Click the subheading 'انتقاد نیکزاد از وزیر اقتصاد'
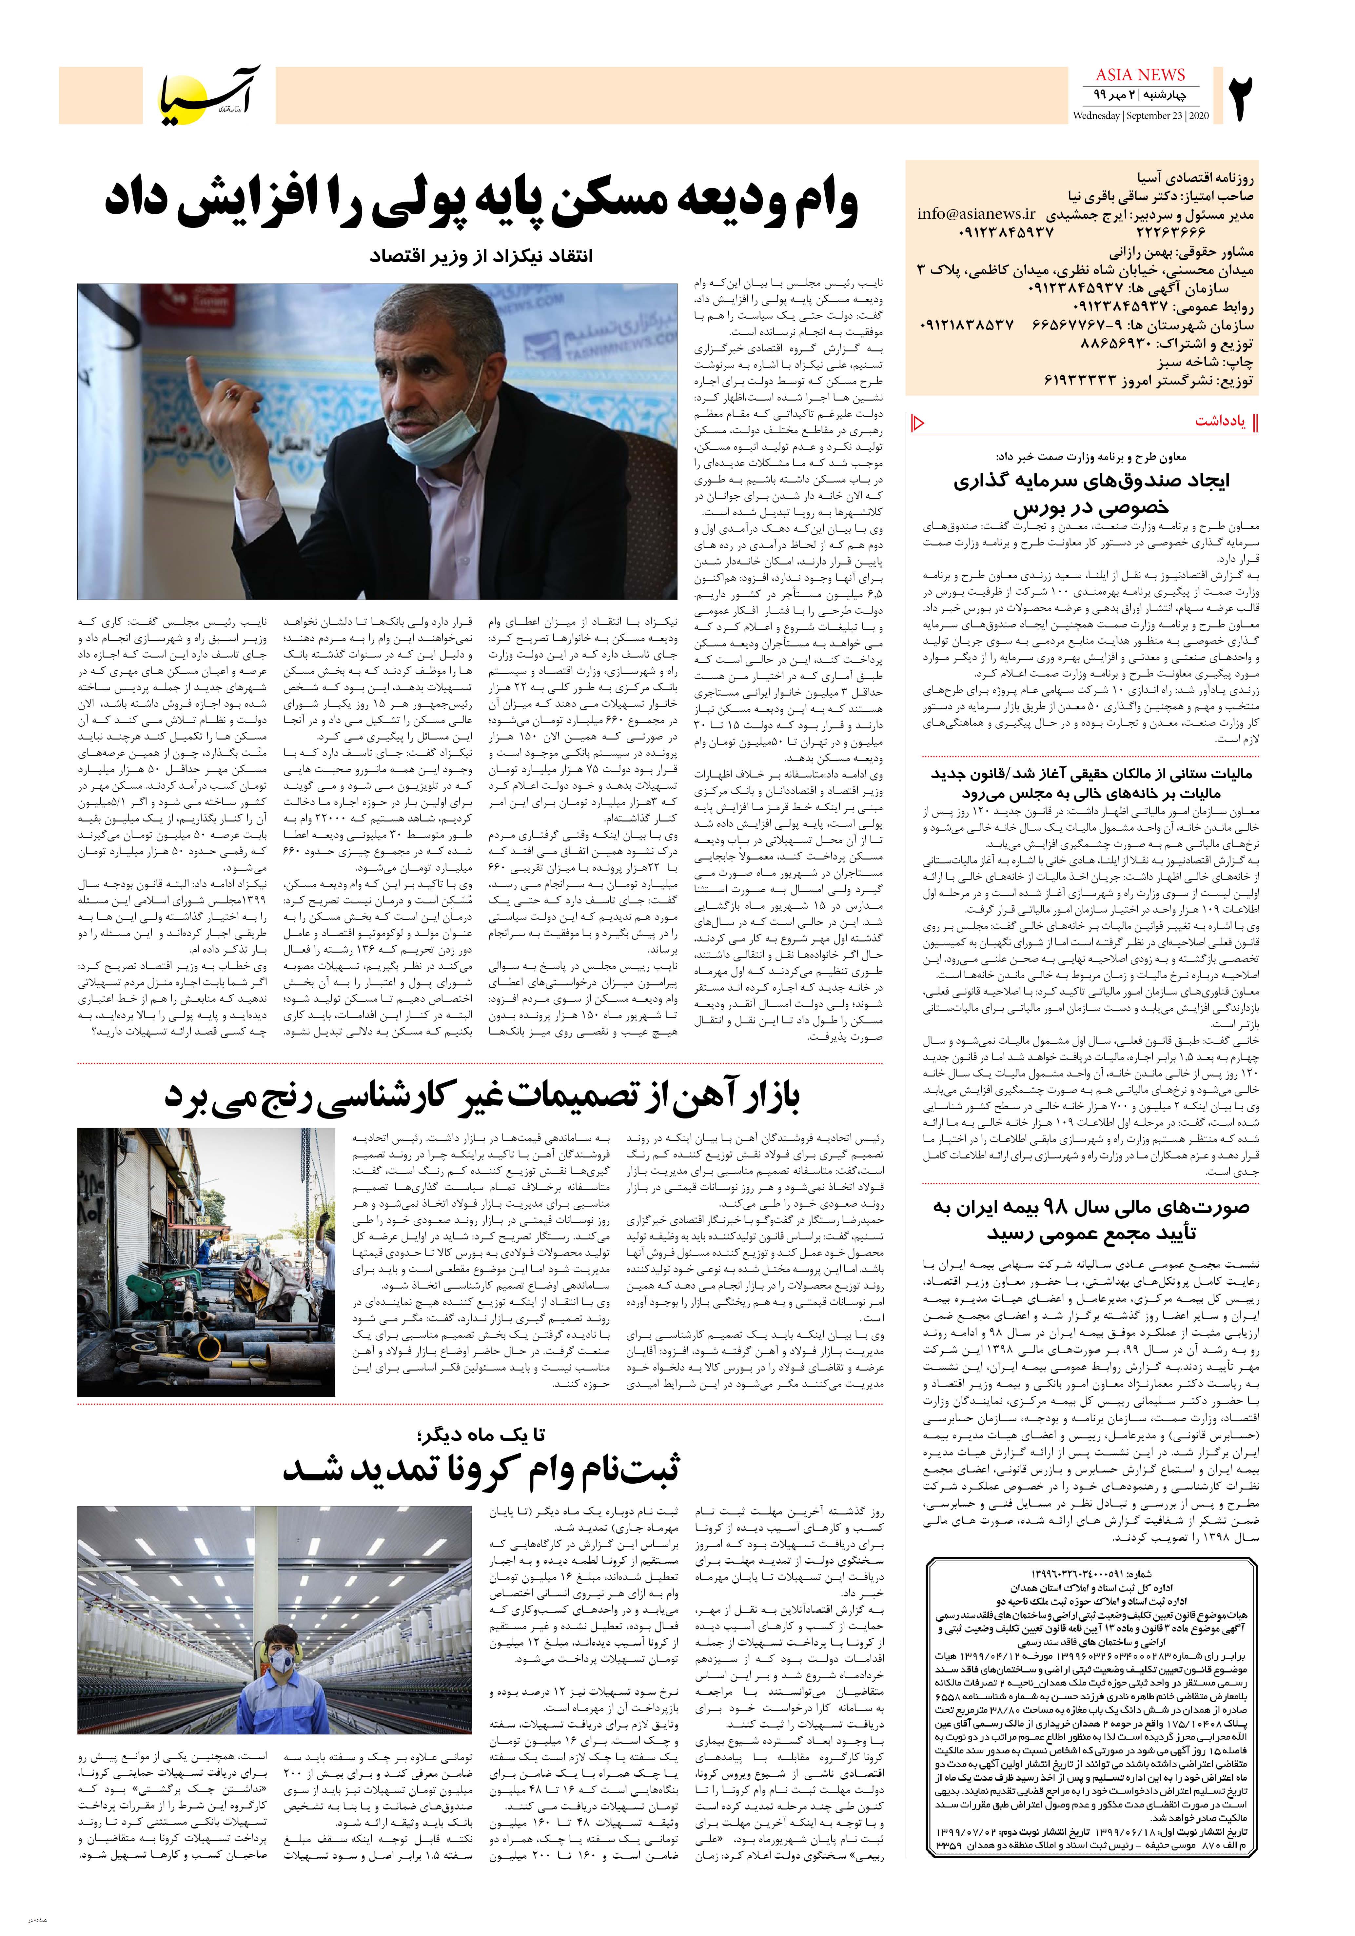[x=482, y=255]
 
